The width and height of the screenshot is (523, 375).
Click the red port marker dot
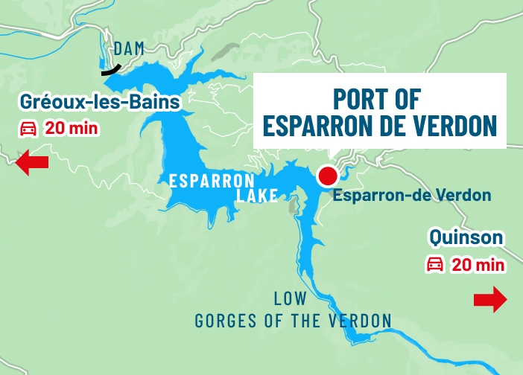pyautogui.click(x=327, y=176)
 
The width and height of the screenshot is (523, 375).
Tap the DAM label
pyautogui.click(x=128, y=49)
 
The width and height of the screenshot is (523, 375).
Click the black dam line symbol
pyautogui.click(x=111, y=70)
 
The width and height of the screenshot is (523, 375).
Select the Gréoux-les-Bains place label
pyautogui.click(x=101, y=101)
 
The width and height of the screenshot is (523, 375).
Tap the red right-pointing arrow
pyautogui.click(x=489, y=300)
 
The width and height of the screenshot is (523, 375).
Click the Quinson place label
pyautogui.click(x=466, y=238)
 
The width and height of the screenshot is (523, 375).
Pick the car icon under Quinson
pyautogui.click(x=434, y=264)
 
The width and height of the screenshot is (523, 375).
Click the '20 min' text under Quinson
pyautogui.click(x=478, y=264)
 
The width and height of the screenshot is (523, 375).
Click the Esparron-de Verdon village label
pyautogui.click(x=411, y=196)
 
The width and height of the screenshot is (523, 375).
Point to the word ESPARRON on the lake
pyautogui.click(x=212, y=180)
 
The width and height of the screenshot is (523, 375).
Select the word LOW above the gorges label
pyautogui.click(x=291, y=299)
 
